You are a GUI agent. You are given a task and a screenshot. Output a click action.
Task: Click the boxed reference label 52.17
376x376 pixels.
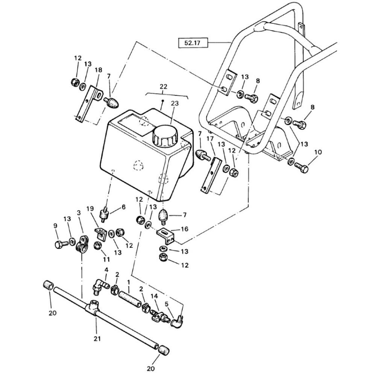pyautogui.click(x=193, y=43)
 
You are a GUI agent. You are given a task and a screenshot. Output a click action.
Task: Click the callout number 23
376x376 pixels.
pyautogui.click(x=175, y=103)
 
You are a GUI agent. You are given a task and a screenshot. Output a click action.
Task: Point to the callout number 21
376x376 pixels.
pyautogui.click(x=97, y=339)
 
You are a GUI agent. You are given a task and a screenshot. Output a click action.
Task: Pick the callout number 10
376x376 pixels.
pyautogui.click(x=318, y=152)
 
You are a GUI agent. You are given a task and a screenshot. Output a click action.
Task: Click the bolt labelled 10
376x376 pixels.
pyautogui.click(x=302, y=168)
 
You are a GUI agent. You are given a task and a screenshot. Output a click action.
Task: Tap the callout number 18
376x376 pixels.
pyautogui.click(x=98, y=70)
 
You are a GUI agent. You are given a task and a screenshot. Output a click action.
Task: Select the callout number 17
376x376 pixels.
pyautogui.click(x=210, y=138)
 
